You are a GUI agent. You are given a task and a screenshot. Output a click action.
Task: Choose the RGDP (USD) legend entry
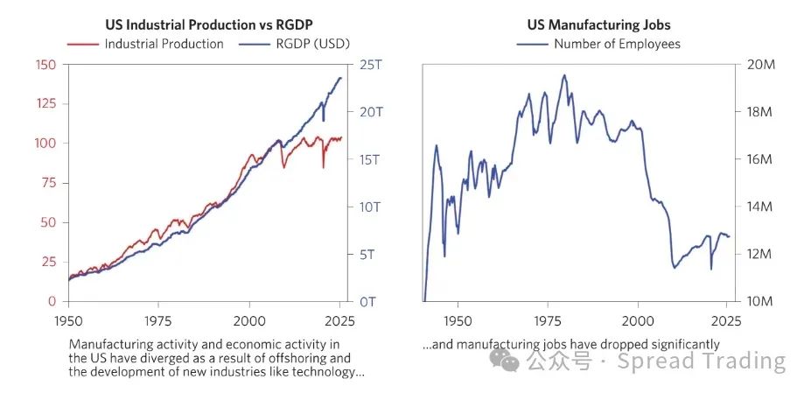298,44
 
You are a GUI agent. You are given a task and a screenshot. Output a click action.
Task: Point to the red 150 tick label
45,65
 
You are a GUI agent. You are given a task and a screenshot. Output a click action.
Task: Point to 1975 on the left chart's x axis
158,320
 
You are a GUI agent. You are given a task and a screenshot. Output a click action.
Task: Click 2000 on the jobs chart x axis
638,320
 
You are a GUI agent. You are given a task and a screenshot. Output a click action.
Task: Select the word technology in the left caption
327,371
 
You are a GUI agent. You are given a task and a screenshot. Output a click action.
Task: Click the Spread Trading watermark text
702,361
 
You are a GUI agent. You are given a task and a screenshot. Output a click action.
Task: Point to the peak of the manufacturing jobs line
564,75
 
